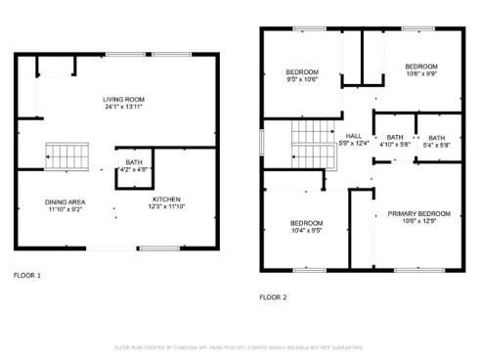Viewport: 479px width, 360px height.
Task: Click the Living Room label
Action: point(124,99)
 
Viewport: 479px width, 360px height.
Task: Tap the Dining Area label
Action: point(65,202)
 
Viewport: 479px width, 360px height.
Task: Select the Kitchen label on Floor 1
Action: point(165,200)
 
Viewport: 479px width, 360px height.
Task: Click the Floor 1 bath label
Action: point(132,163)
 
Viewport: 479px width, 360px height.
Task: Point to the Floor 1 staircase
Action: point(67,155)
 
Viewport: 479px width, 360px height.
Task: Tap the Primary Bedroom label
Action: point(418,213)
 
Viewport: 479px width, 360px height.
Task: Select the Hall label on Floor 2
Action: point(353,137)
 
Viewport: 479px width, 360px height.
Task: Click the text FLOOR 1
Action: point(26,276)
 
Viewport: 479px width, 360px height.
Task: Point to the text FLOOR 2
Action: point(274,296)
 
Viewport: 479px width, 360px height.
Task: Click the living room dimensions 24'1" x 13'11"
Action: point(124,106)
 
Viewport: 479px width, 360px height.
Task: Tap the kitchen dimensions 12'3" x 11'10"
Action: point(165,206)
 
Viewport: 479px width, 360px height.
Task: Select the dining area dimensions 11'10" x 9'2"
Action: point(65,208)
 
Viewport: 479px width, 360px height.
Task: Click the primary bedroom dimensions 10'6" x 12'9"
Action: point(418,220)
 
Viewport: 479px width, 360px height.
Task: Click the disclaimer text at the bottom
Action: point(239,346)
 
